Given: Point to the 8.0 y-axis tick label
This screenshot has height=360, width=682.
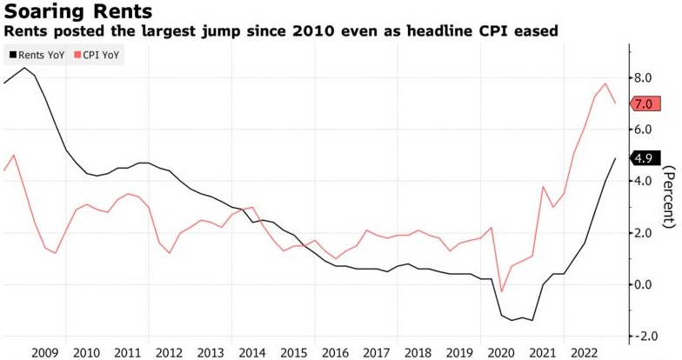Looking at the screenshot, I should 643,77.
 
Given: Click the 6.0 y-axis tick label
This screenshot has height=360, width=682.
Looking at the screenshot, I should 643,130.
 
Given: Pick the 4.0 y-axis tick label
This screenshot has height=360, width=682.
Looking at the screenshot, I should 643,181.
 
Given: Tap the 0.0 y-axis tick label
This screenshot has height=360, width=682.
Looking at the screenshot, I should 643,284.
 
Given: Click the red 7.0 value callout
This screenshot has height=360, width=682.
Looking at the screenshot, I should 643,104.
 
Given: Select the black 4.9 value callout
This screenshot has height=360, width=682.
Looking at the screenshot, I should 643,158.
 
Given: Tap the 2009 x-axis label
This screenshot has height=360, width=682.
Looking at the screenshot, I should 44,351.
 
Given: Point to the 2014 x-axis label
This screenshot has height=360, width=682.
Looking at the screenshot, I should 251,351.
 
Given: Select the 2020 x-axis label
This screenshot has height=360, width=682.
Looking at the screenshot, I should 500,351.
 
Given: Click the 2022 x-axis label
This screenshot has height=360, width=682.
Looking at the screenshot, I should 583,351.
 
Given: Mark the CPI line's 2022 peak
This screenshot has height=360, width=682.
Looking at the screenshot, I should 605,83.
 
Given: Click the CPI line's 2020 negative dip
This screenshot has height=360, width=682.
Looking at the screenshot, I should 502,292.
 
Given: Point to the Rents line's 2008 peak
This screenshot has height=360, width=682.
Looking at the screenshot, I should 23,67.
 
